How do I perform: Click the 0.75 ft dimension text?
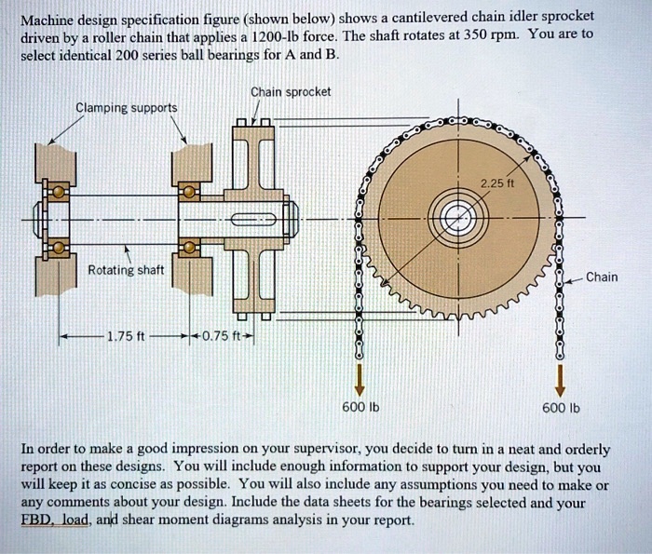point(221,336)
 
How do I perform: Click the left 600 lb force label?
point(357,407)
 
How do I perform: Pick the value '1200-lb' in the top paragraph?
point(274,36)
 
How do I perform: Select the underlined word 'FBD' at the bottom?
point(36,520)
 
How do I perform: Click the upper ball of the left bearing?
point(59,193)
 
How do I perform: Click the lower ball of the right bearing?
point(189,249)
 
